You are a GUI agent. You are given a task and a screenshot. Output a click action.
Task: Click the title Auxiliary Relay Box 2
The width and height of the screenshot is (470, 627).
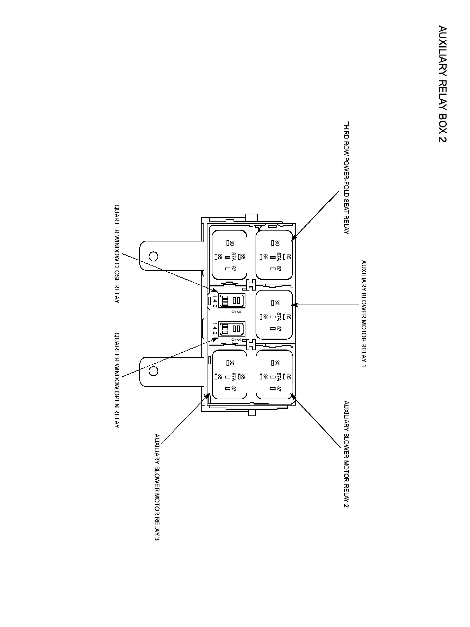click(x=442, y=84)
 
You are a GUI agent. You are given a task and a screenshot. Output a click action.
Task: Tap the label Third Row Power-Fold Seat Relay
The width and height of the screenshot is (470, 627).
click(x=346, y=178)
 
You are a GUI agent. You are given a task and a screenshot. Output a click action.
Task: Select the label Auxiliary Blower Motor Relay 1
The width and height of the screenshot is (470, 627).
click(x=363, y=313)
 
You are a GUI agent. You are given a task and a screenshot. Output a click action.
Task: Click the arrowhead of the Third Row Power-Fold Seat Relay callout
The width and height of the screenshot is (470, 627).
click(x=293, y=239)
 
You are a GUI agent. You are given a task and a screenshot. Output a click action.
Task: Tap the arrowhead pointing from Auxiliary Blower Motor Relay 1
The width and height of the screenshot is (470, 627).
click(x=293, y=305)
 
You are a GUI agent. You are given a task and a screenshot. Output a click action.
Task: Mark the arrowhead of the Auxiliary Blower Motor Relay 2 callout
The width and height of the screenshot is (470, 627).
click(x=293, y=396)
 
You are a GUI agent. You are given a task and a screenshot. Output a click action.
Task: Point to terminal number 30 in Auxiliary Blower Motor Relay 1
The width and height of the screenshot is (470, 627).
click(x=277, y=303)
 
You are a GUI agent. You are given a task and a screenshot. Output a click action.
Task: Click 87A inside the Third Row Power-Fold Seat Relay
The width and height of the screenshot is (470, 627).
click(x=279, y=257)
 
